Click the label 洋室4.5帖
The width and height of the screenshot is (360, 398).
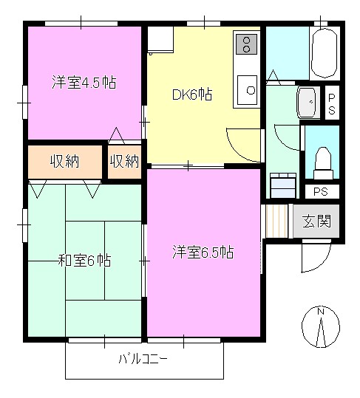(x=84, y=81)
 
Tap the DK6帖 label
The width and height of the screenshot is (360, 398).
(x=192, y=94)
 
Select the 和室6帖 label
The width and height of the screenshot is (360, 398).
(x=85, y=260)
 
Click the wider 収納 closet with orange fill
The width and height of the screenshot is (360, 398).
(x=64, y=161)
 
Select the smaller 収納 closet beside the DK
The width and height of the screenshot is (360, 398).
(x=124, y=161)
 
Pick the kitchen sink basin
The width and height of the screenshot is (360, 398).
(x=247, y=90)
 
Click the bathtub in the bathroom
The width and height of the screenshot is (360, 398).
(x=324, y=53)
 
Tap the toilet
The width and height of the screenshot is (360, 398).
(x=322, y=161)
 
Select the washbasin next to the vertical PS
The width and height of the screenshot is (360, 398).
(x=306, y=101)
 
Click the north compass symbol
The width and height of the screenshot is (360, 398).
(x=321, y=325)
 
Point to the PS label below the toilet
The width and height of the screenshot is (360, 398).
(x=321, y=192)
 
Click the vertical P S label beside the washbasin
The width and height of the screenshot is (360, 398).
(x=331, y=103)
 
